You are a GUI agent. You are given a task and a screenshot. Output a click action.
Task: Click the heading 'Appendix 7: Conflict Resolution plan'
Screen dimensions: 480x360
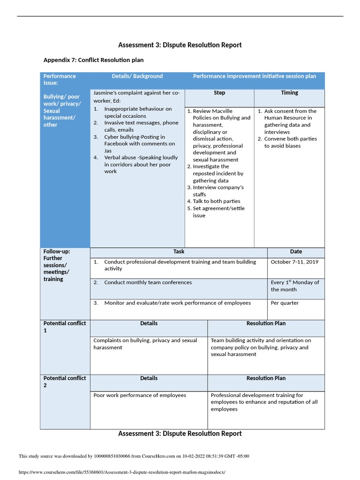pos(93,60)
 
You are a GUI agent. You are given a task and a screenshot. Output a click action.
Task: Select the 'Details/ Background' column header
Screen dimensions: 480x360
pos(137,76)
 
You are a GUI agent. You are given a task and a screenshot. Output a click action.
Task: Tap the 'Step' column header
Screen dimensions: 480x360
pos(219,93)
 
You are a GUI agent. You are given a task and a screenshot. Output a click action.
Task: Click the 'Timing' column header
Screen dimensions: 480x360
pos(289,93)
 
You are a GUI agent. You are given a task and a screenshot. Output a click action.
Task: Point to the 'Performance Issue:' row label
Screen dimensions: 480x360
pos(60,79)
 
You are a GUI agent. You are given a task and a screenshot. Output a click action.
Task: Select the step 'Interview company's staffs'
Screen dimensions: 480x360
pos(218,191)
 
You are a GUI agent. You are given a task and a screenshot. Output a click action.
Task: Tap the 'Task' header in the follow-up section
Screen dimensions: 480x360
pos(179,252)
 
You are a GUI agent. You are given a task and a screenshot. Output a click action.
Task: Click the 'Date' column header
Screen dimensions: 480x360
pos(296,252)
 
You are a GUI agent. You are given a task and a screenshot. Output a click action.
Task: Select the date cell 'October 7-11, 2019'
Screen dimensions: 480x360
pos(294,262)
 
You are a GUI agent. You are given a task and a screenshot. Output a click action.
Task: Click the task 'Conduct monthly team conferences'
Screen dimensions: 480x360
pos(147,283)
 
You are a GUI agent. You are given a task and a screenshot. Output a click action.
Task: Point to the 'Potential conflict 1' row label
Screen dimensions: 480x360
pos(65,327)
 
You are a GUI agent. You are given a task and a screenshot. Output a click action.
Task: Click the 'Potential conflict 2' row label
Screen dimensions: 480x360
pos(65,382)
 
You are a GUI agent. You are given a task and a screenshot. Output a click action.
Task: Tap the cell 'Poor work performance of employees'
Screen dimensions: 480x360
pos(140,395)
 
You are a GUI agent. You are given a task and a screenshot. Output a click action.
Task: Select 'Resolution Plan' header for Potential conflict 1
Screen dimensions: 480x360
pos(266,323)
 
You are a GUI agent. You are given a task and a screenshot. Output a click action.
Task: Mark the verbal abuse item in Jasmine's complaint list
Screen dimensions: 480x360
pos(140,165)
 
